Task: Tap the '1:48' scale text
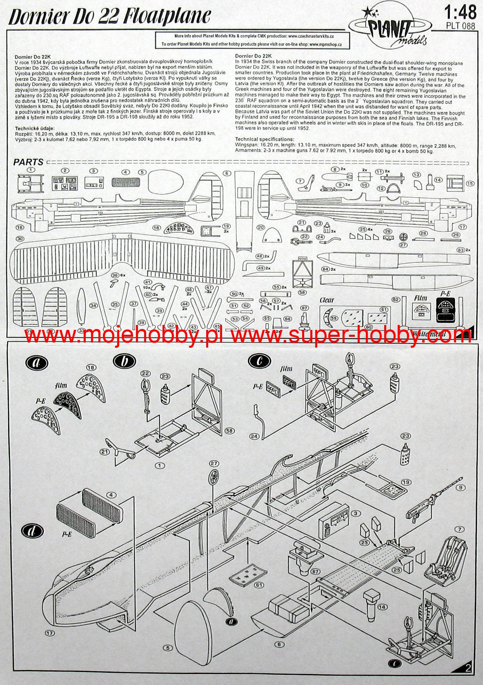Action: pos(461,13)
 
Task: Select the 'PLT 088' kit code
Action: pos(461,25)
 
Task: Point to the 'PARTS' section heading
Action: pos(28,162)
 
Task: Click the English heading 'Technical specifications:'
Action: pos(265,140)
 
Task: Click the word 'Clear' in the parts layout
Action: pos(327,300)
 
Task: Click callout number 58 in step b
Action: pos(229,431)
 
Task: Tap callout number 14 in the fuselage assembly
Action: pos(381,607)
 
